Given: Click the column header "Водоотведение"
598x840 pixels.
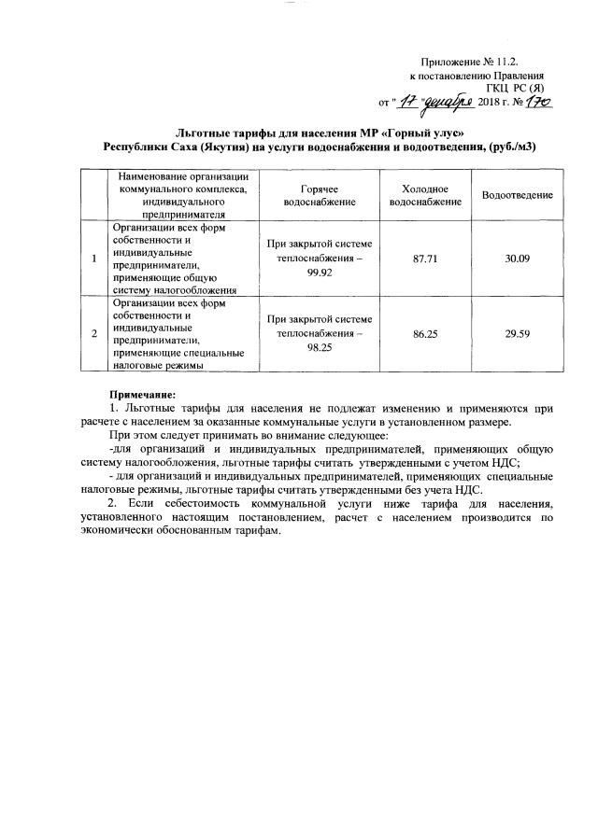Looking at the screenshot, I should tap(517, 194).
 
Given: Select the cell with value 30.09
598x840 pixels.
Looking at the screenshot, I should tap(517, 257).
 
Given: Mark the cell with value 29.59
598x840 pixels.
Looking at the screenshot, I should tap(517, 331).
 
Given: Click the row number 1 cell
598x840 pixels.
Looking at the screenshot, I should tap(92, 257).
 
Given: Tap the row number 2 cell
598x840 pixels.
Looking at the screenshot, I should tap(92, 331).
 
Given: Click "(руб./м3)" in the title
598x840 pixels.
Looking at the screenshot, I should tap(513, 147).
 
